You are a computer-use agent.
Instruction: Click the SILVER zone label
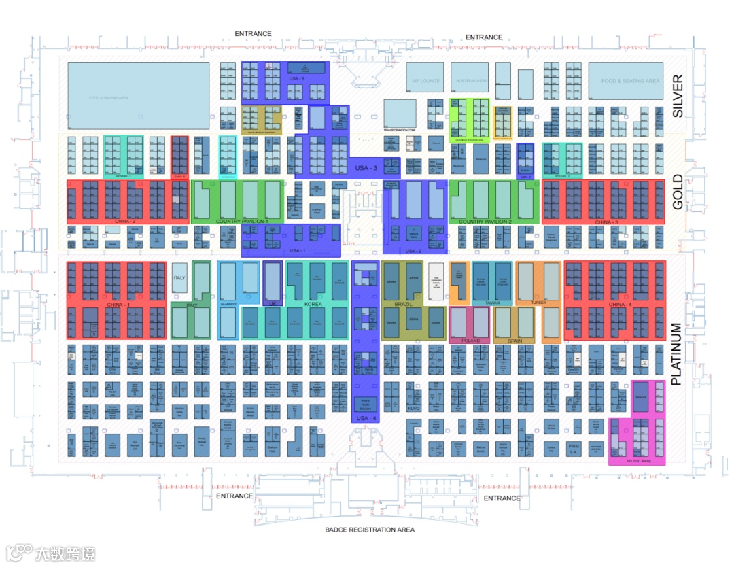click(x=678, y=97)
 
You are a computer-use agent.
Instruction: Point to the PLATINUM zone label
click(x=676, y=354)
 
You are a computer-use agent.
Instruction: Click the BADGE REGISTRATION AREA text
click(x=369, y=530)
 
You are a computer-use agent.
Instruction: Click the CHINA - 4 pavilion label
click(x=620, y=304)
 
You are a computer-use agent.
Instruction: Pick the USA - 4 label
click(x=365, y=418)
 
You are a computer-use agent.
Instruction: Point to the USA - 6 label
click(x=296, y=79)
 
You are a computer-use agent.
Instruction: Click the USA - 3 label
click(x=366, y=168)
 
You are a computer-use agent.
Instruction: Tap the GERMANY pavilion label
click(x=228, y=304)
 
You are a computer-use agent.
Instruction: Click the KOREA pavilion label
click(x=313, y=304)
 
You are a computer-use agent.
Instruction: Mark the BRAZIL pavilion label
click(x=404, y=304)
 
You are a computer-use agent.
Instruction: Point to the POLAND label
click(x=470, y=340)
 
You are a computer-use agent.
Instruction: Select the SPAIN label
click(x=515, y=340)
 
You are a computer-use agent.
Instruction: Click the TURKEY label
click(x=539, y=303)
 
